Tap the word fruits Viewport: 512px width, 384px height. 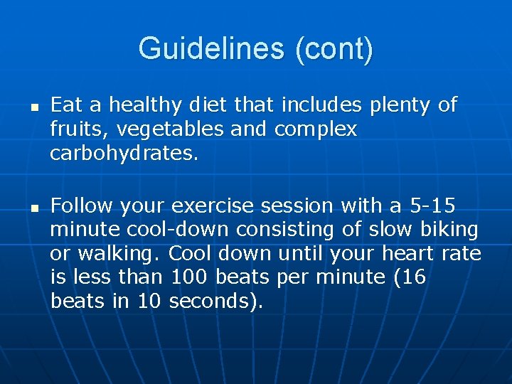point(74,129)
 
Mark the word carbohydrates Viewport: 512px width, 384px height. point(122,153)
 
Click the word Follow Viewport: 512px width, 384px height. point(82,206)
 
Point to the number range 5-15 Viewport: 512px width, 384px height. point(434,206)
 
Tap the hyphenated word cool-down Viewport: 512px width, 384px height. point(178,230)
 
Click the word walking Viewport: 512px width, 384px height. point(117,253)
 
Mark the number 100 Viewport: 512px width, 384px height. point(190,277)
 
